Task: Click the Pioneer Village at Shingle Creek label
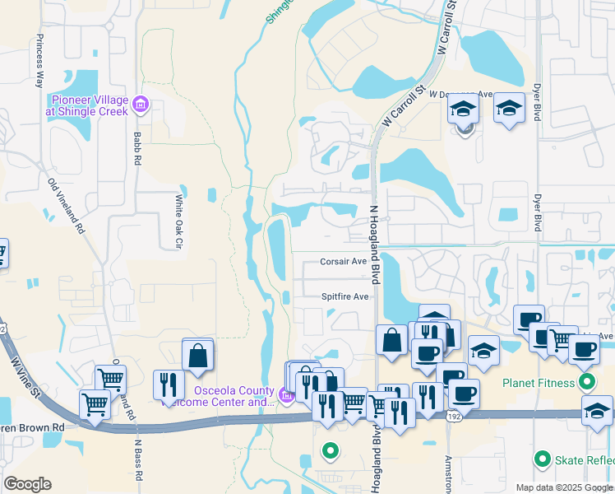[88, 105]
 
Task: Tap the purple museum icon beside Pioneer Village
[140, 104]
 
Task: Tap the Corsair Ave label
[343, 262]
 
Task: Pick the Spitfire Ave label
[344, 296]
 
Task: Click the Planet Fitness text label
[539, 382]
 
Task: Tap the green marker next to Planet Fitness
[587, 382]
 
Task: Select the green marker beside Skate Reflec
[542, 459]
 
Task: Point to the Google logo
[27, 484]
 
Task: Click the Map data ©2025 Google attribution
[563, 487]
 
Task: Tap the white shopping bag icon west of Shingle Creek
[198, 355]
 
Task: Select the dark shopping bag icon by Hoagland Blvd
[392, 340]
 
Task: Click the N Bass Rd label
[138, 461]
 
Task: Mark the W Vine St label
[27, 374]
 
